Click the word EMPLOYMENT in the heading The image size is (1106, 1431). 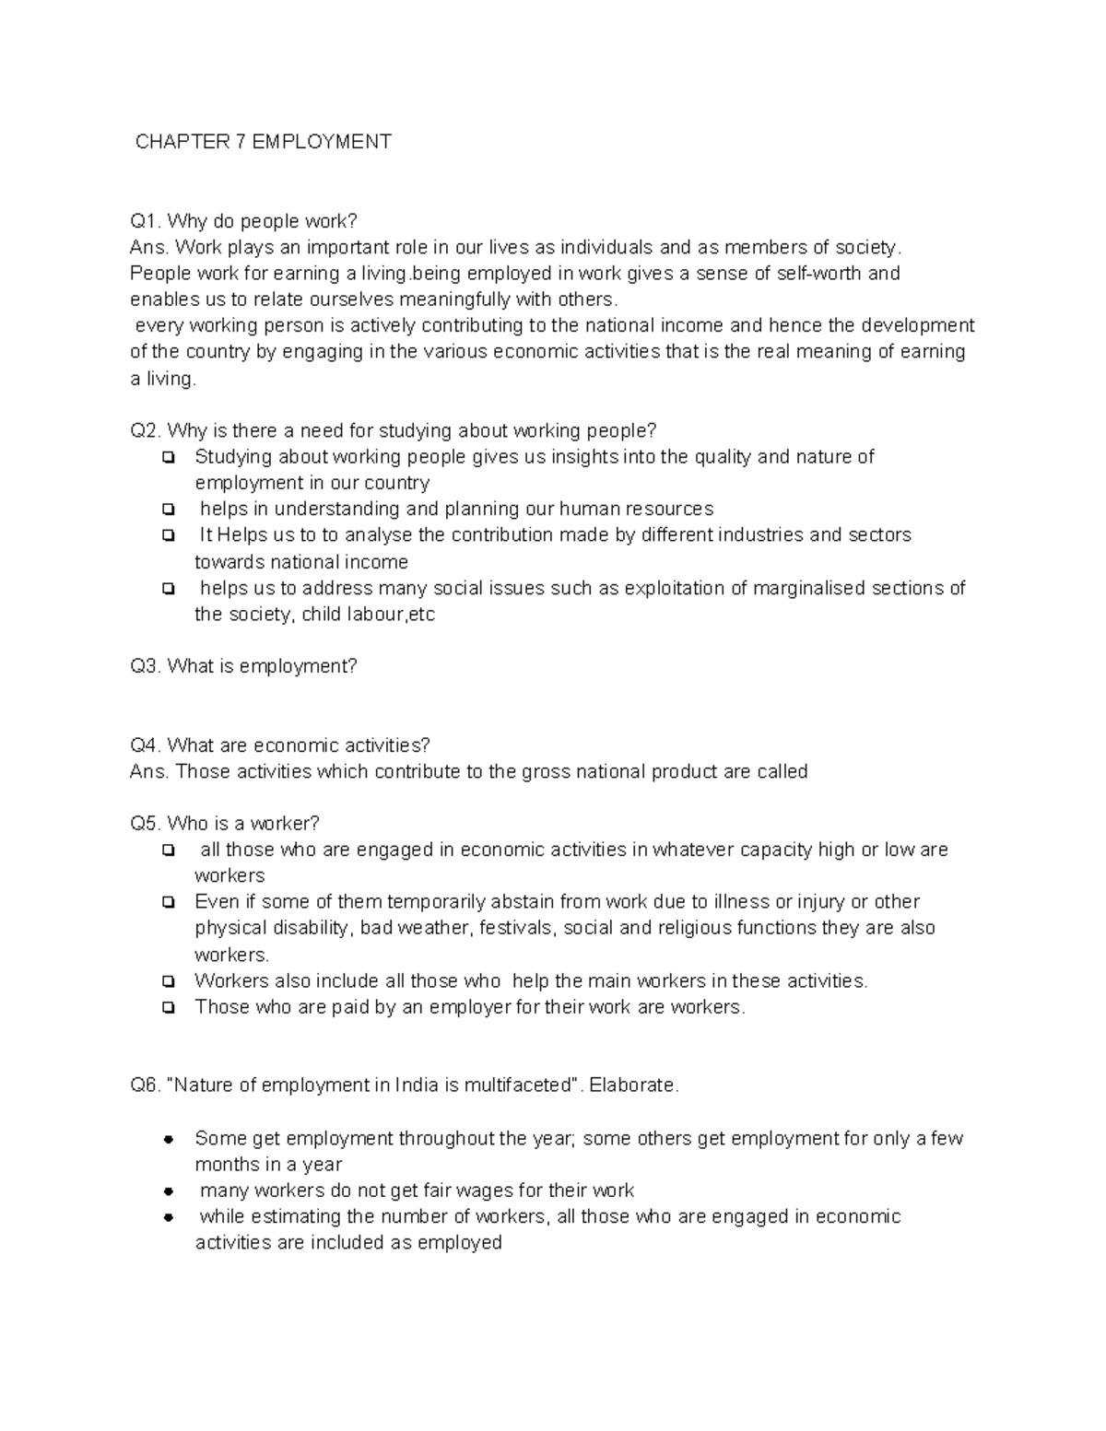click(x=322, y=142)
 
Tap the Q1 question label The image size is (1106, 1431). click(x=146, y=221)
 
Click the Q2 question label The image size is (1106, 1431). click(x=146, y=431)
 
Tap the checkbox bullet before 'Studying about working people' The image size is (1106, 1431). click(x=169, y=457)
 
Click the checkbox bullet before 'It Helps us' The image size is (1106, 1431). click(x=169, y=535)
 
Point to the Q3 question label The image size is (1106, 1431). click(x=146, y=666)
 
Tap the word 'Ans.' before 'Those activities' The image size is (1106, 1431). click(x=149, y=772)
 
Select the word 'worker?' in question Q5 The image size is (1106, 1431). click(x=285, y=824)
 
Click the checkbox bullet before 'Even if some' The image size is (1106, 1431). click(x=169, y=902)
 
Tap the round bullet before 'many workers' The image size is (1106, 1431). click(x=169, y=1191)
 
